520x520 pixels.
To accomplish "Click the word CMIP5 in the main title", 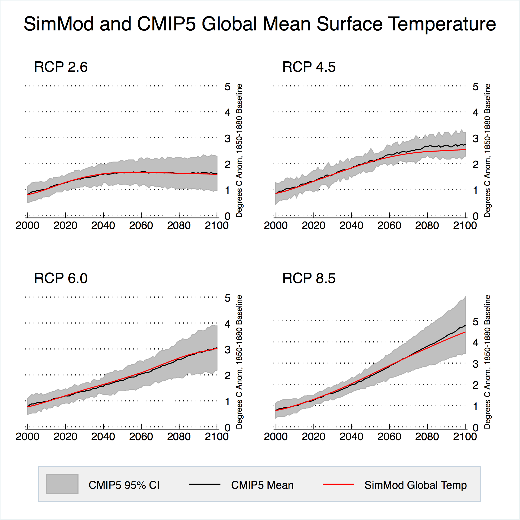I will point(166,24).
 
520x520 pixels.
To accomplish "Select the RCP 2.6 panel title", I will point(61,67).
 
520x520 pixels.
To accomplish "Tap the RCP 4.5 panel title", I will point(309,67).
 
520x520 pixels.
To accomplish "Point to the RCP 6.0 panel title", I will point(61,278).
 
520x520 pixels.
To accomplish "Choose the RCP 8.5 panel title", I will point(309,278).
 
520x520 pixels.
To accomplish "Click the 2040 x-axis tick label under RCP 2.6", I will point(103,225).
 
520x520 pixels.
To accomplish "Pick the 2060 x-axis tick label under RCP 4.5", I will point(389,225).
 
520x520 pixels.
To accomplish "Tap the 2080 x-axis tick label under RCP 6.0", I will point(179,437).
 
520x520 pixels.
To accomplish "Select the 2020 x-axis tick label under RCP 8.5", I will point(314,437).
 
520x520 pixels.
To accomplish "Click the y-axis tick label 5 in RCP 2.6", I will point(228,87).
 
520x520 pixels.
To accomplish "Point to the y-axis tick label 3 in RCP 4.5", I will point(476,139).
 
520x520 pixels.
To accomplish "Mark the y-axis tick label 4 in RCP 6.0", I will point(228,324).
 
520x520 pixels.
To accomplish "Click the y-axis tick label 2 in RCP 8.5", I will point(476,385).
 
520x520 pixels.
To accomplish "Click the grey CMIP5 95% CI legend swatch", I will point(62,484).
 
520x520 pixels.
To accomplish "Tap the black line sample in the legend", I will point(205,484).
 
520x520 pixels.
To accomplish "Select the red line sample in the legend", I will point(338,484).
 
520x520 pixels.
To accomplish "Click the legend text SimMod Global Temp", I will point(415,485).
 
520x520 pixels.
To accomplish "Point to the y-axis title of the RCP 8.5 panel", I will point(487,362).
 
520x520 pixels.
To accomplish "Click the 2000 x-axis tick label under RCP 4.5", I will point(276,225).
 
